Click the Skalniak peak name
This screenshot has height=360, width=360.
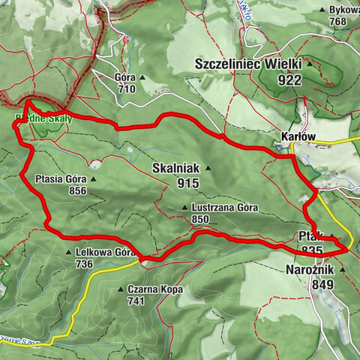(x=176, y=168)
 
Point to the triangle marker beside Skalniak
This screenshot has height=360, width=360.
(x=208, y=168)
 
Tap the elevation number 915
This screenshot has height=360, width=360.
(x=191, y=182)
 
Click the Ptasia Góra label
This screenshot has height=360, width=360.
(x=61, y=179)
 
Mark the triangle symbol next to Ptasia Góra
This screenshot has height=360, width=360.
(x=93, y=179)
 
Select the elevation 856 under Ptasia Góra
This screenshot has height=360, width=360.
(x=77, y=190)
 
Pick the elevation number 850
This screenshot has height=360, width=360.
(x=200, y=220)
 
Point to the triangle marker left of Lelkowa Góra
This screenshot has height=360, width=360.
(x=69, y=253)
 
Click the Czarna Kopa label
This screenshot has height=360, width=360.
(x=155, y=289)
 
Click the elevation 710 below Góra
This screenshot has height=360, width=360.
(x=127, y=88)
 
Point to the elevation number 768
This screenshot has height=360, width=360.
(x=339, y=22)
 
